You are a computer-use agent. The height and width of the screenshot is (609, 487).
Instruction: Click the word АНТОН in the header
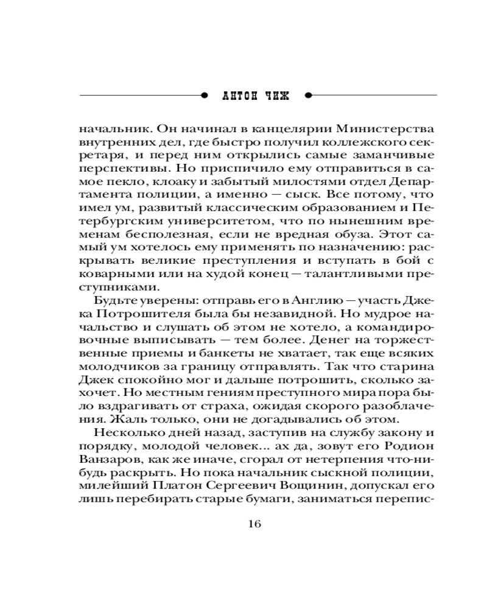point(236,96)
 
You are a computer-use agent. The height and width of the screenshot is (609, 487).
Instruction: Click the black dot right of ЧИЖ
point(307,96)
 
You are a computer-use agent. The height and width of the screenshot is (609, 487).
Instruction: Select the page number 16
point(254,524)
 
